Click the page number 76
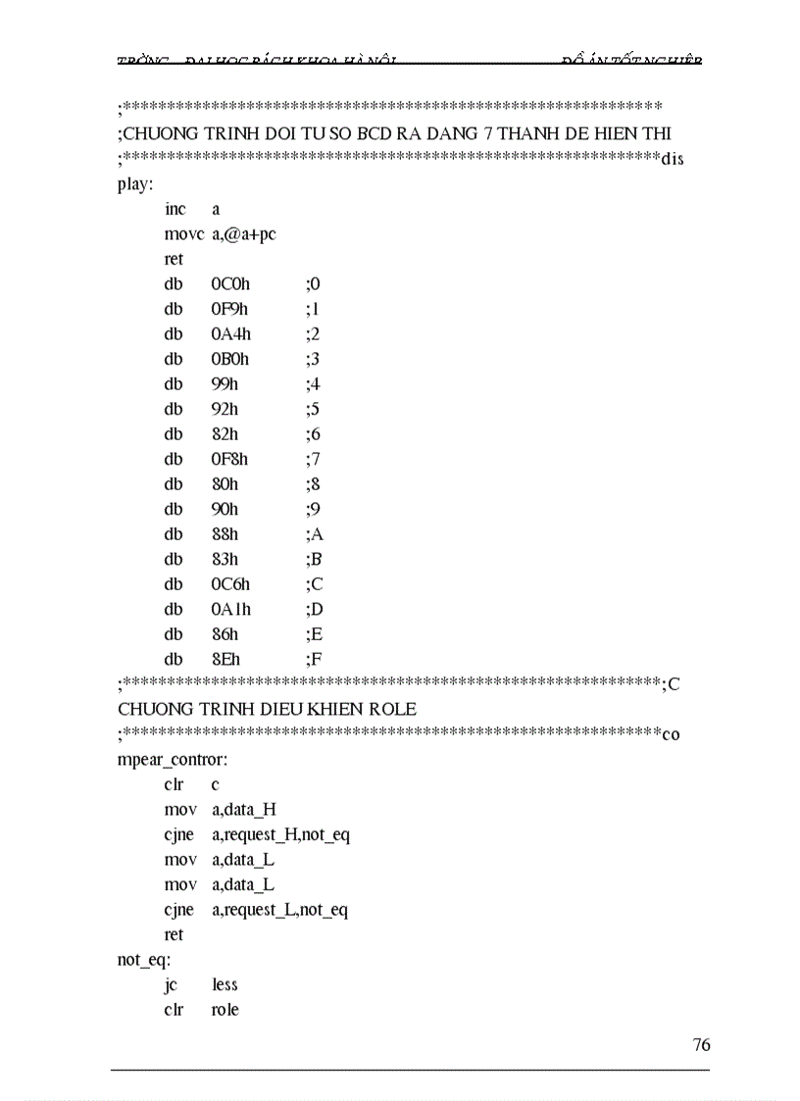tap(701, 1044)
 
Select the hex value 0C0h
tap(230, 284)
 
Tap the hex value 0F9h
tap(230, 309)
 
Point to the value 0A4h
tap(230, 334)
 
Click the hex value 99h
tap(225, 384)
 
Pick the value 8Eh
tap(225, 659)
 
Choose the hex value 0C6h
tap(230, 584)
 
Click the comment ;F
tap(313, 659)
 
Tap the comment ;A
tap(314, 534)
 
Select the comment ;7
tap(313, 459)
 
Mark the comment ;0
tap(313, 284)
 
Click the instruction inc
tap(175, 209)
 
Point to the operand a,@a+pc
tap(243, 234)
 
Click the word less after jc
tap(225, 984)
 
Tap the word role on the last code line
tap(225, 1009)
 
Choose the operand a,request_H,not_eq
tap(280, 834)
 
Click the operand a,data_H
tap(243, 810)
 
